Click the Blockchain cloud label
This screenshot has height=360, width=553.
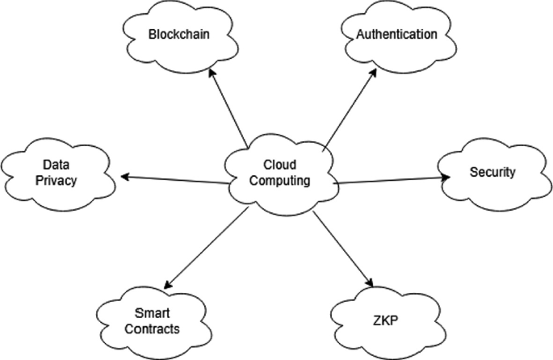pos(178,35)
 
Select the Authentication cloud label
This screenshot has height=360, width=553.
pos(398,35)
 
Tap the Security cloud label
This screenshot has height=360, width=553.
pos(492,172)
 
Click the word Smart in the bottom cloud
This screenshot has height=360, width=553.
pos(151,314)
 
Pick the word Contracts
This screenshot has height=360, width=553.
pos(151,329)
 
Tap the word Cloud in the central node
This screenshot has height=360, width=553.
pos(279,165)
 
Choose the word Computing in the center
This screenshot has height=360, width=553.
pos(279,181)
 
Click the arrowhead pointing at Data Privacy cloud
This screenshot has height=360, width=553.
pos(124,175)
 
